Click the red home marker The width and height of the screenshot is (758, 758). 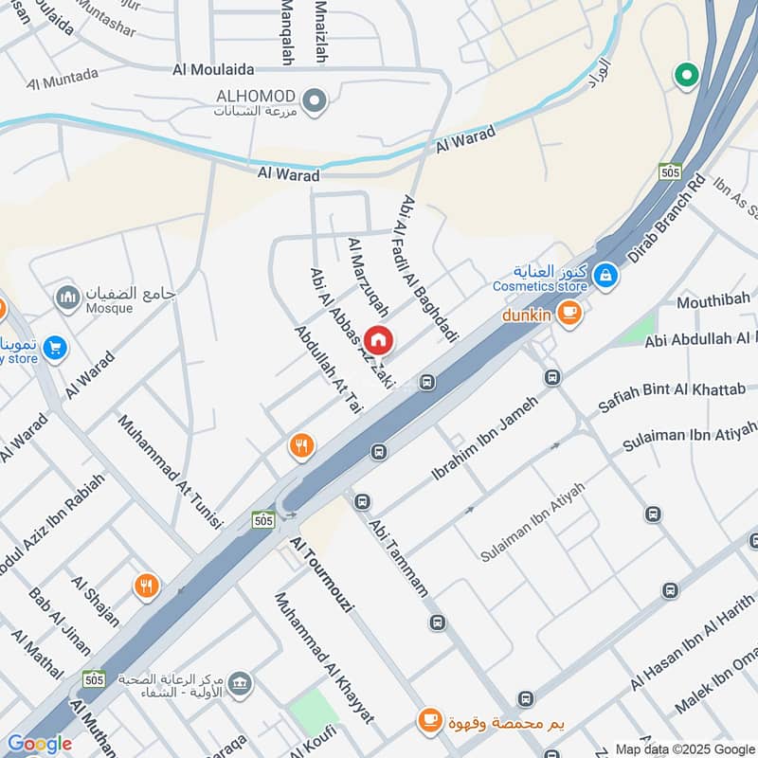pos(378,338)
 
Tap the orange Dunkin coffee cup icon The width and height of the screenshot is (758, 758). pos(568,312)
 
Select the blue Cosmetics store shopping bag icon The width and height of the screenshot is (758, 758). pos(605,277)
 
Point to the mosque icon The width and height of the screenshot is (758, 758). pos(66,298)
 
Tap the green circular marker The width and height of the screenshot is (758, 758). pos(684,73)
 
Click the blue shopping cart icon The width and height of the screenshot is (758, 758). pos(55,349)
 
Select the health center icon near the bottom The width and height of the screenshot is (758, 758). pos(241,682)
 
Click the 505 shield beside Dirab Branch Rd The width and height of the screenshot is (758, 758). pos(671,171)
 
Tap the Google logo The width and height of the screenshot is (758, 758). pos(39,744)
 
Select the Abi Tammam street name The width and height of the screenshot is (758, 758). pos(398,556)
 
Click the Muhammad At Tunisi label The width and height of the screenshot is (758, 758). pos(170,470)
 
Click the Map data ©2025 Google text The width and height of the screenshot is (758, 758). pos(684,749)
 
